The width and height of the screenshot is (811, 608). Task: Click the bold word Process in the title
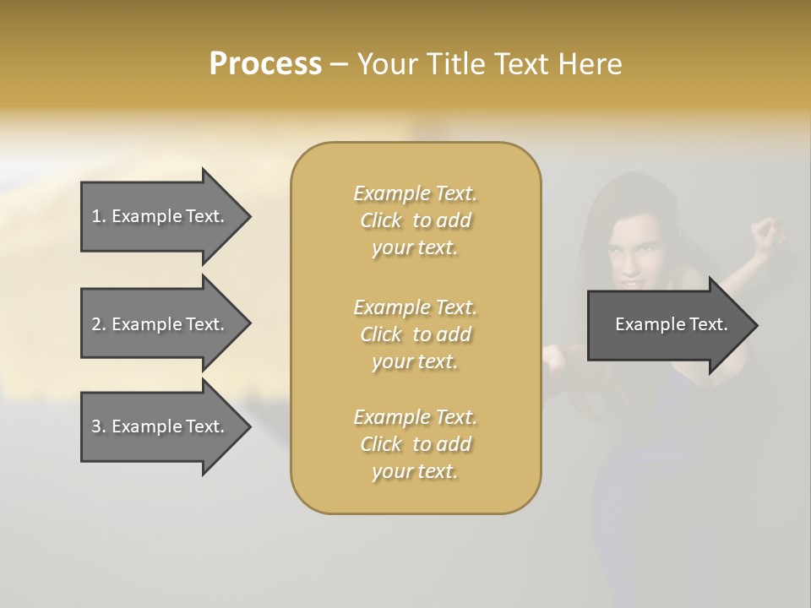[265, 64]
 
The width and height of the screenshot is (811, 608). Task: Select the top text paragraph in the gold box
[415, 220]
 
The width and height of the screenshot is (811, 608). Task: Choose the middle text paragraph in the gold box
[415, 334]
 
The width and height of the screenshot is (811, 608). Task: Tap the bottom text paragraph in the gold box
[415, 444]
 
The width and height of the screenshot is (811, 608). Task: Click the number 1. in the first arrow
[99, 216]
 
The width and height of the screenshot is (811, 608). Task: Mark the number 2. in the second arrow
[99, 324]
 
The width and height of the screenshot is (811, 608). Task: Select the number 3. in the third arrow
[99, 426]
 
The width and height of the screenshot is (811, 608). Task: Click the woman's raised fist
[767, 233]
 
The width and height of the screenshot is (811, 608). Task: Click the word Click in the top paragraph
[381, 220]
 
